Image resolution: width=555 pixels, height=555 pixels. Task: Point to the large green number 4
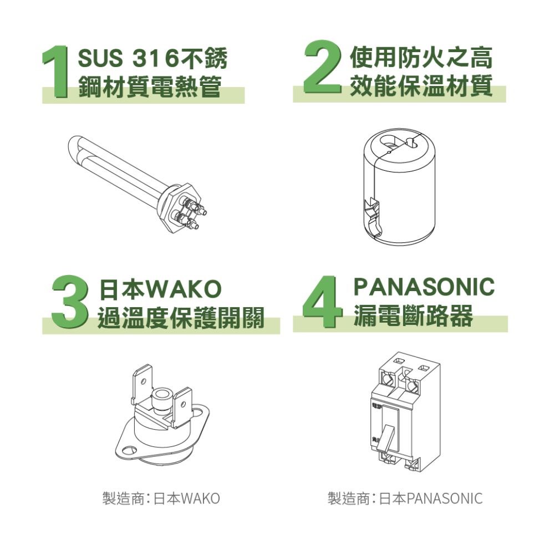[x=322, y=302]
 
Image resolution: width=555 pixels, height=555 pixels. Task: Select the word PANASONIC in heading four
[x=424, y=287]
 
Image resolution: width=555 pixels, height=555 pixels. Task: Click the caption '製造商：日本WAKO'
[x=161, y=498]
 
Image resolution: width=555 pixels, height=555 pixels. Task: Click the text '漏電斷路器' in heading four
[x=413, y=317]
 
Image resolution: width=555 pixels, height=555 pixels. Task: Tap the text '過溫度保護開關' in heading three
[x=181, y=318]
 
